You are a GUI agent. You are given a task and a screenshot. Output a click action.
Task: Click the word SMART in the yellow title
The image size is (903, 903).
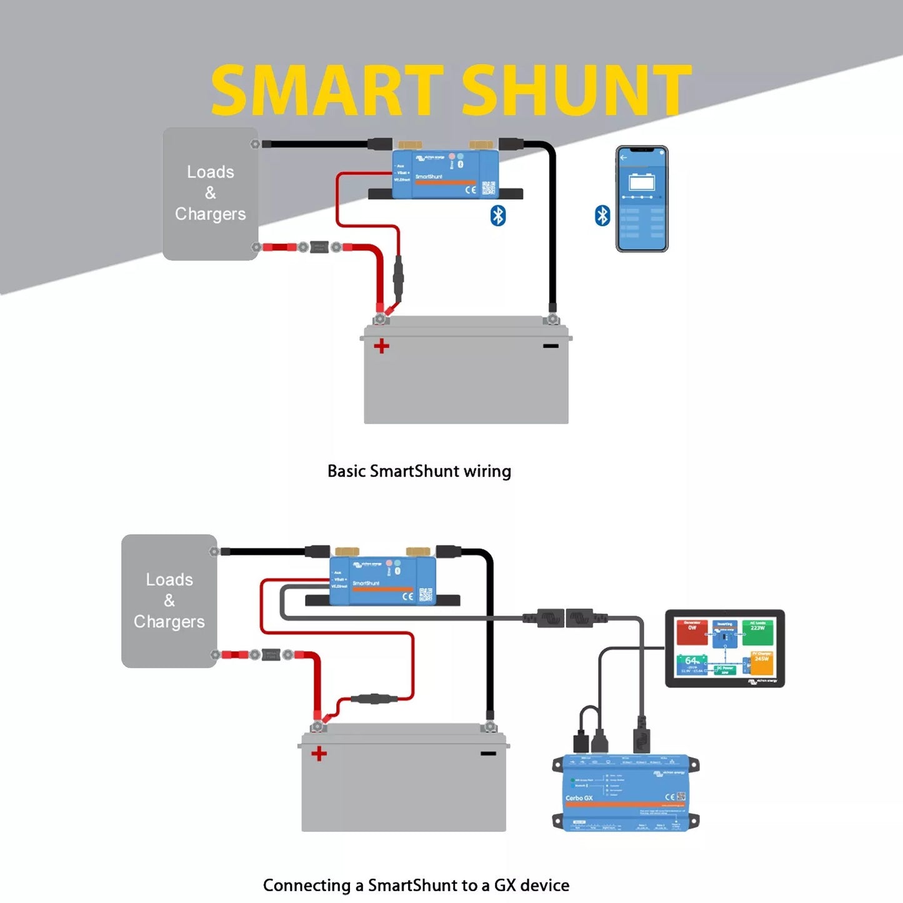click(x=327, y=91)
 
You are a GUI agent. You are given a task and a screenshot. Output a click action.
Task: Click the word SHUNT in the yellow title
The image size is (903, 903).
click(x=576, y=91)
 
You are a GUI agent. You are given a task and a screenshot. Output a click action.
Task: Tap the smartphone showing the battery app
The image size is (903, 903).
click(x=642, y=199)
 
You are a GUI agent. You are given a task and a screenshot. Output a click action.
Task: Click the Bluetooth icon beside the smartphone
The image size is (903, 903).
click(x=602, y=216)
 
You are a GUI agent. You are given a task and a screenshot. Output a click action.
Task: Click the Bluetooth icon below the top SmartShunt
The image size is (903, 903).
click(x=497, y=216)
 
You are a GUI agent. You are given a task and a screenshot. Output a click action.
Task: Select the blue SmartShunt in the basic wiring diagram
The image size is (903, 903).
click(x=444, y=174)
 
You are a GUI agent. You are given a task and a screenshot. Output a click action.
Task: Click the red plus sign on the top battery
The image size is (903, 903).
click(x=381, y=346)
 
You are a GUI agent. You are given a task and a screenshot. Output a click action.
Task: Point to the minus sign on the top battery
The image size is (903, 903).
click(x=551, y=346)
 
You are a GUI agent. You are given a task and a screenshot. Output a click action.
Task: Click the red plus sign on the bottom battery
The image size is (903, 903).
click(x=319, y=754)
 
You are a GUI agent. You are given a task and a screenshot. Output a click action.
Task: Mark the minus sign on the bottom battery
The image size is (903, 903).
click(x=488, y=753)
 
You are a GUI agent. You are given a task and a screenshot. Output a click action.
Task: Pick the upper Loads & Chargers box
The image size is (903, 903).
click(x=211, y=194)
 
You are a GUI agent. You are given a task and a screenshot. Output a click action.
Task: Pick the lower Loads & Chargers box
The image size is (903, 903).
click(x=169, y=601)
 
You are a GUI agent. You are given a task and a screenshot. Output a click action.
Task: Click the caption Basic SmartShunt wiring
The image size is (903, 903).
click(x=419, y=471)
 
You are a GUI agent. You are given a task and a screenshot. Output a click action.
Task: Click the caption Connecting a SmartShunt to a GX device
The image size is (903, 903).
click(x=416, y=886)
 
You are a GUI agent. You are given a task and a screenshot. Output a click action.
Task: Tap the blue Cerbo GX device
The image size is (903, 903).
click(x=626, y=793)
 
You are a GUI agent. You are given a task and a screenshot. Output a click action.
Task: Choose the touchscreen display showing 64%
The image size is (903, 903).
click(x=724, y=648)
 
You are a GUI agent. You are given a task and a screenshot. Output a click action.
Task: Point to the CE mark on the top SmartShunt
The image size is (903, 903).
click(x=471, y=189)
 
